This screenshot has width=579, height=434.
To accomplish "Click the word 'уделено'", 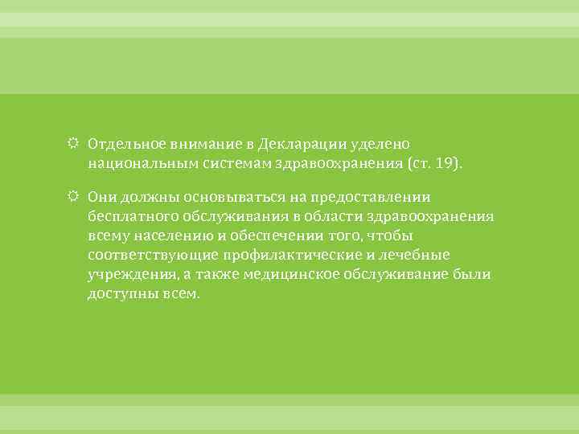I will point(380,143).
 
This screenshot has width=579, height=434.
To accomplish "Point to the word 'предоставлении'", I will point(372,197).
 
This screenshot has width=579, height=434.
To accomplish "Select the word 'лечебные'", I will point(420,255).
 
